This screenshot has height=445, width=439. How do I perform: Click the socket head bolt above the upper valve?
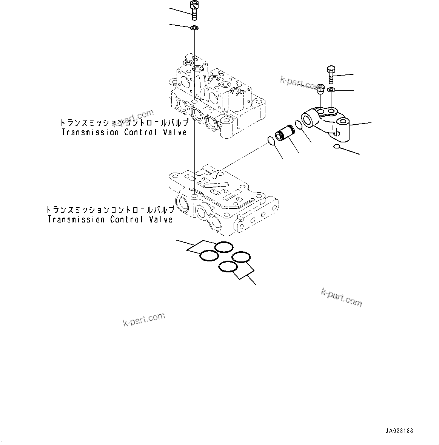coord(194,10)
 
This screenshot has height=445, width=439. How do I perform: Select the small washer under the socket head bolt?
coord(195,28)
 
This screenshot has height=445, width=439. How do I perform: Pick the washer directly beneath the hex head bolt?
coord(331,90)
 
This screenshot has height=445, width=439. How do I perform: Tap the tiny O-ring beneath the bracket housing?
coord(337,147)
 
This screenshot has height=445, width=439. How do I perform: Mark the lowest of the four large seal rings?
coord(228,267)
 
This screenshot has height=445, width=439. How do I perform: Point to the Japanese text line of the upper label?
coord(124,123)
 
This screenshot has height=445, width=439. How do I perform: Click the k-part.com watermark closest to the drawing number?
coord(341,297)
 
